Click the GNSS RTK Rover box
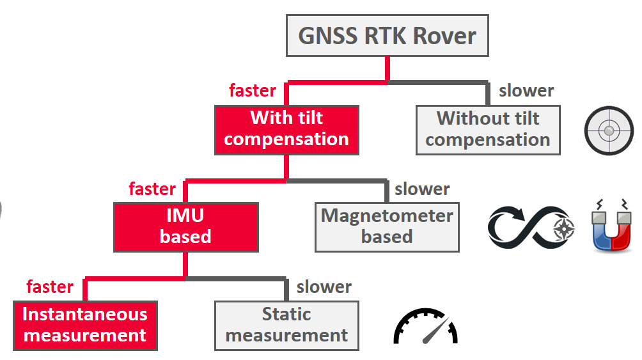388,36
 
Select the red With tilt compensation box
286,129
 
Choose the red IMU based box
185,227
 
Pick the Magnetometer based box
387,227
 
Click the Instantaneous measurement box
85,325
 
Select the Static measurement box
286,325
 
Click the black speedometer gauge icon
425,327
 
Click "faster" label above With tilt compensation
253,91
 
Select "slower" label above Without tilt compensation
526,91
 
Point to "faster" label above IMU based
152,189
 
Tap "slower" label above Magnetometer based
422,189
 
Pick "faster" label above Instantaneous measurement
50,287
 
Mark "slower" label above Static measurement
324,287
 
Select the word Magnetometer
387,216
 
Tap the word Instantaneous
85,315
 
